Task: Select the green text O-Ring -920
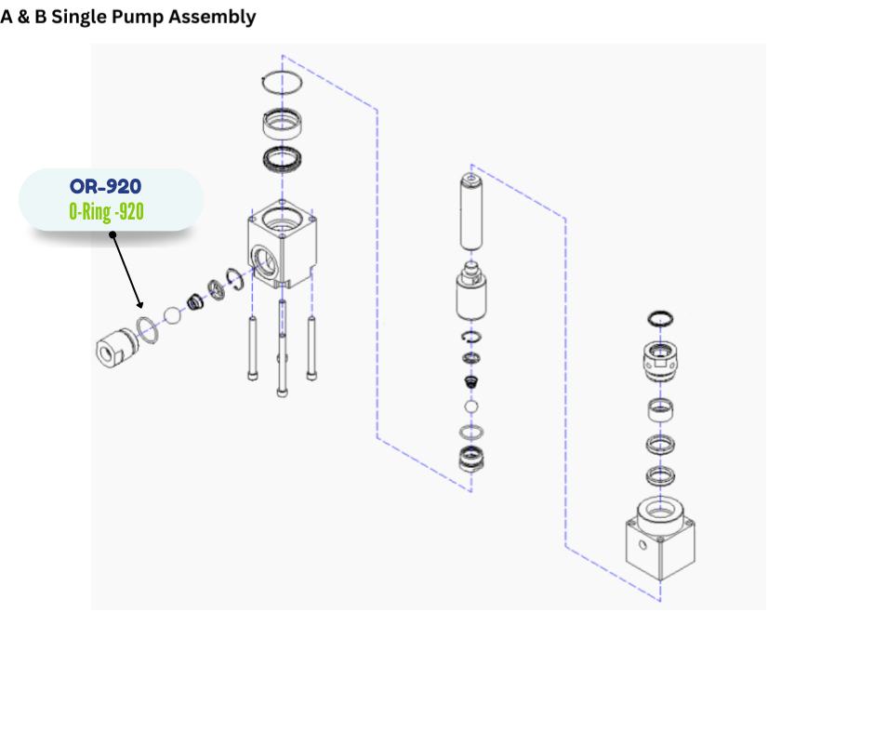(x=106, y=211)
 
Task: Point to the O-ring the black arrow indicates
(x=145, y=326)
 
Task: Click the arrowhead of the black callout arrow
(x=140, y=304)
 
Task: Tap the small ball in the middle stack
(x=470, y=407)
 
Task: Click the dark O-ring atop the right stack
(x=659, y=317)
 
